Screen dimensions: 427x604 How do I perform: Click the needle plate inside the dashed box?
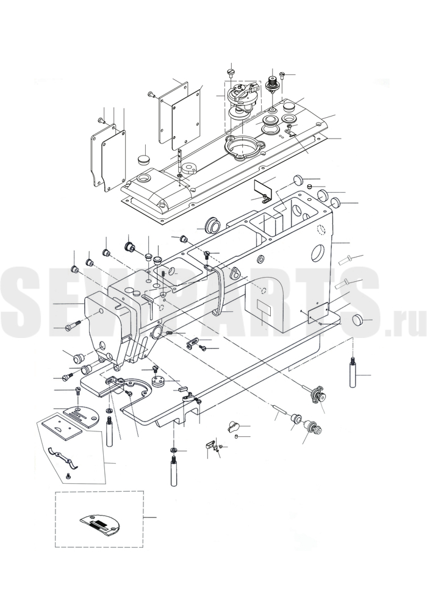point(100,523)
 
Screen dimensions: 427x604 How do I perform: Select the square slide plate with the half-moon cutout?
point(62,427)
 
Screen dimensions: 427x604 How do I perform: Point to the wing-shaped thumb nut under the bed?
point(234,426)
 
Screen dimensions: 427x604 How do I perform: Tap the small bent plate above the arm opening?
point(263,190)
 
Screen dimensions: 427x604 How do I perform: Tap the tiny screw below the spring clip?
point(68,476)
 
